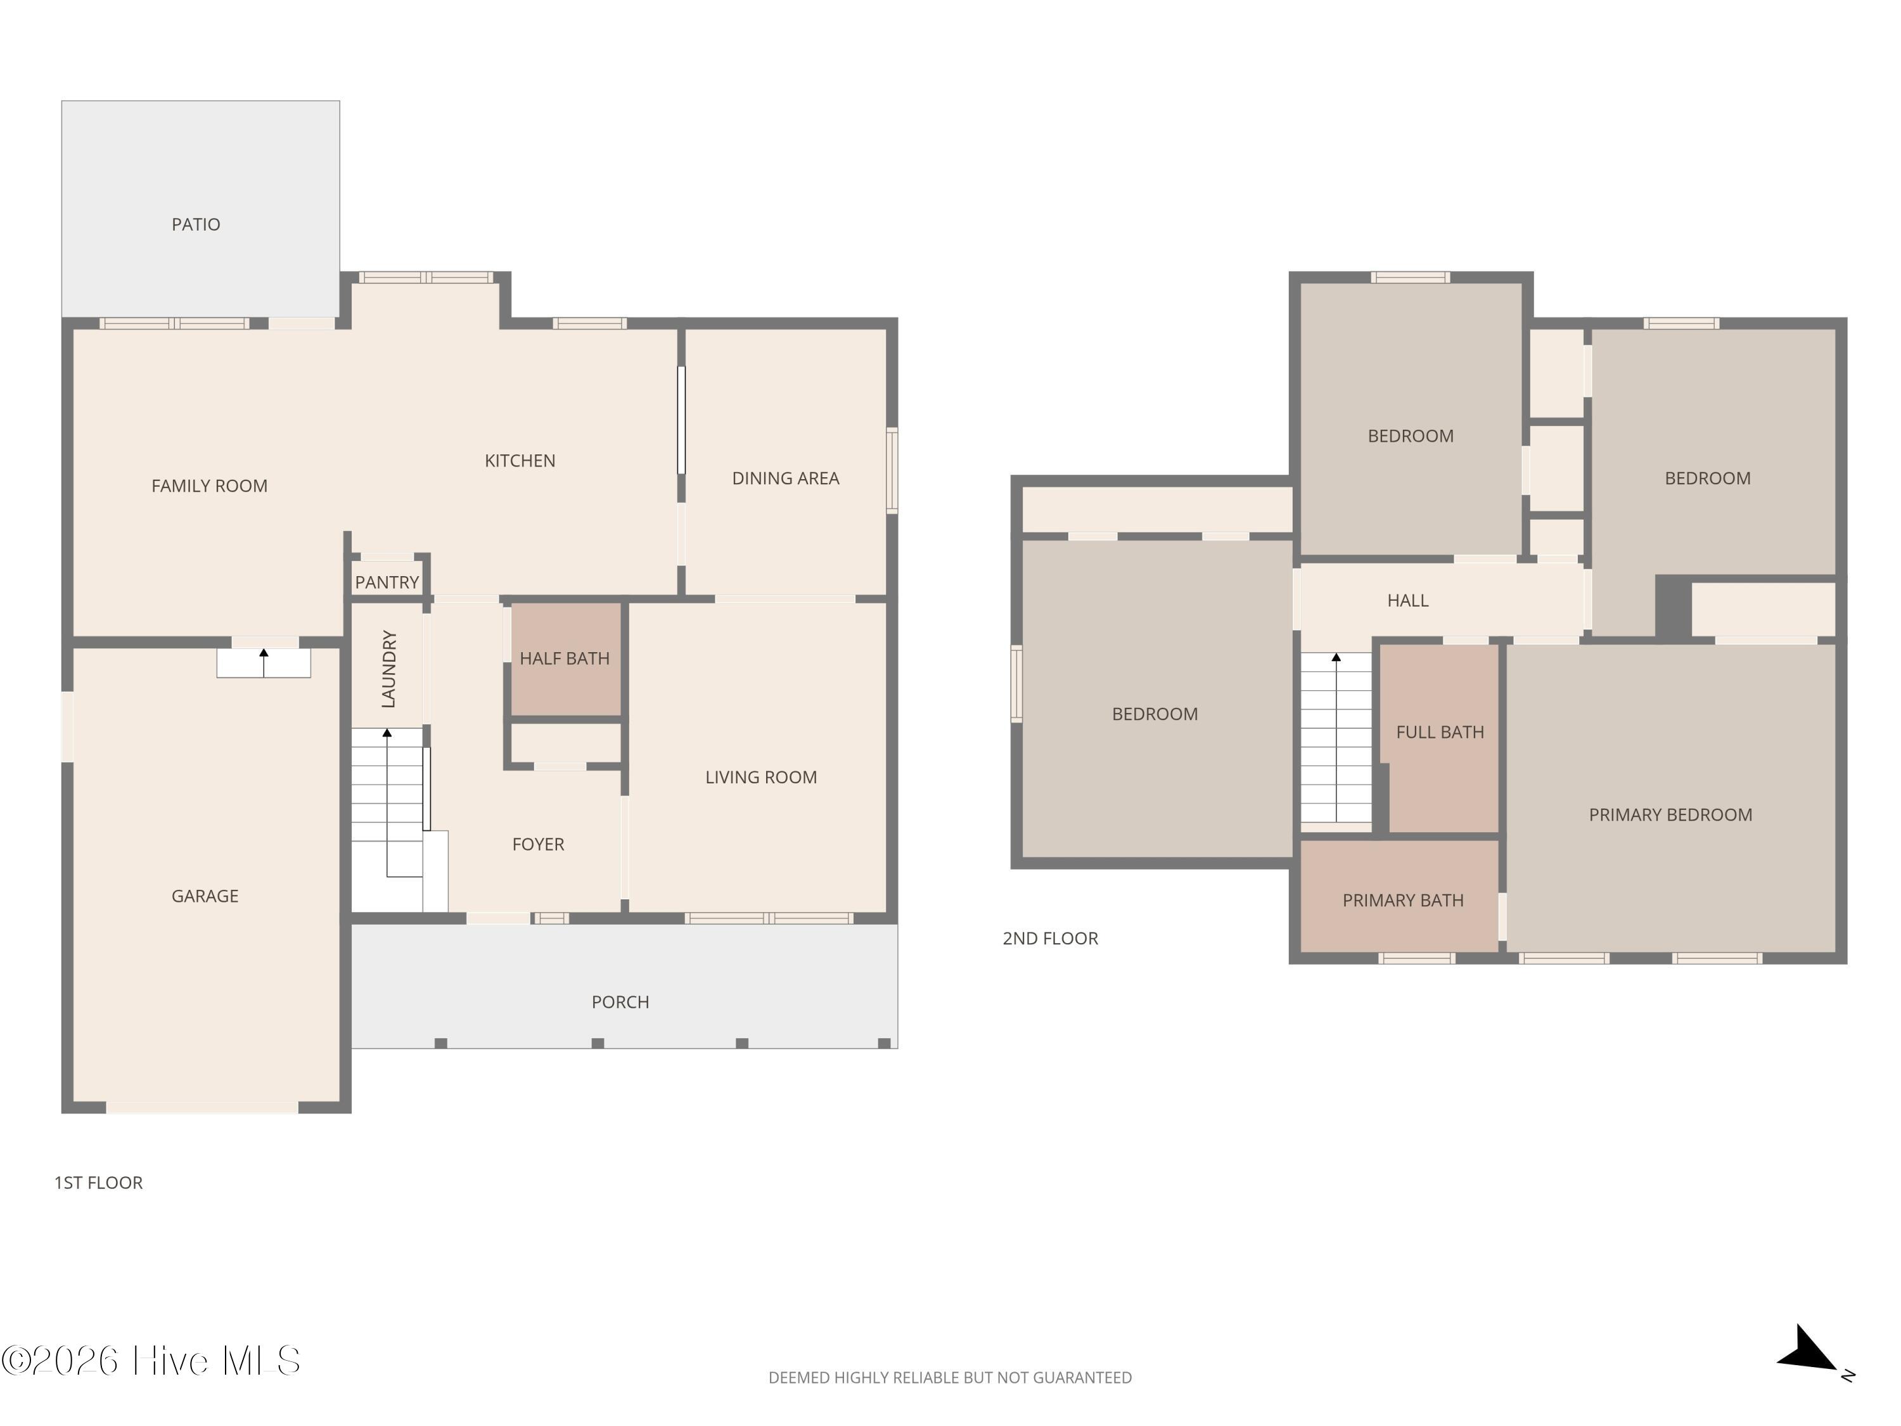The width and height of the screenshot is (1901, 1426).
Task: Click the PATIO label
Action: [196, 224]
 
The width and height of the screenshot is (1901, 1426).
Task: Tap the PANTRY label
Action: [387, 582]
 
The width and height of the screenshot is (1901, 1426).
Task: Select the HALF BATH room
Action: [565, 658]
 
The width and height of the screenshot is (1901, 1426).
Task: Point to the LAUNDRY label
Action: [388, 669]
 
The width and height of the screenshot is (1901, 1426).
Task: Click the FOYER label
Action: [538, 844]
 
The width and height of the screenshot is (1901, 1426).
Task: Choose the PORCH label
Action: [620, 1001]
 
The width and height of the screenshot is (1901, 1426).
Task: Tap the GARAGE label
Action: [205, 896]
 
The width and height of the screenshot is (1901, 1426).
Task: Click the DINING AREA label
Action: [786, 478]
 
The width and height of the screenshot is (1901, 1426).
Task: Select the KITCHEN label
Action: [520, 461]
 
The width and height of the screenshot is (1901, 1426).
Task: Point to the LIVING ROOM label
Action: [760, 777]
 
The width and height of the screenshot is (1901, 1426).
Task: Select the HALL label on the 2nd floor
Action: [1408, 601]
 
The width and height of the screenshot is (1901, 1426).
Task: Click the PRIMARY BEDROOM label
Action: [1670, 815]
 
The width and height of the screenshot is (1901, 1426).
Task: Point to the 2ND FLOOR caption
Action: [1050, 939]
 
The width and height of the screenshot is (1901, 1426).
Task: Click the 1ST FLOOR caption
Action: [98, 1183]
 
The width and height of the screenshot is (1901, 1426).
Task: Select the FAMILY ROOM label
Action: [209, 485]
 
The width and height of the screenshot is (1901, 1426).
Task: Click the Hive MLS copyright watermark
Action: [151, 1361]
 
